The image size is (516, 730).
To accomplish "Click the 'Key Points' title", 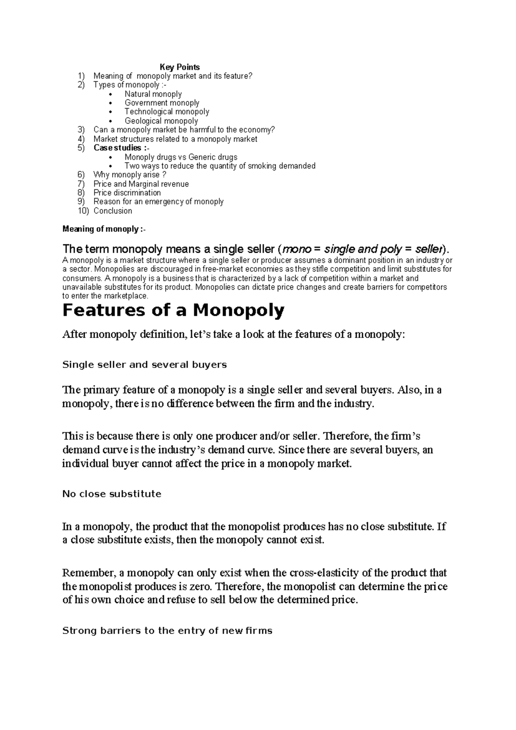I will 180,67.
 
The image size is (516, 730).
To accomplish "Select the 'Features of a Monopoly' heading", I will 173,310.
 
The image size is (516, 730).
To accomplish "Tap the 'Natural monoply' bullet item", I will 153,94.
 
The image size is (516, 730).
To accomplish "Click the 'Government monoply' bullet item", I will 162,103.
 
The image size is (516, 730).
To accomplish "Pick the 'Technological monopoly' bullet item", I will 167,112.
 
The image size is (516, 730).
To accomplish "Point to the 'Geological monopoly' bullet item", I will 161,121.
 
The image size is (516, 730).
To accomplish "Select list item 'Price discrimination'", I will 127,193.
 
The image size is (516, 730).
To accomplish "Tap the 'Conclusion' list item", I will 113,211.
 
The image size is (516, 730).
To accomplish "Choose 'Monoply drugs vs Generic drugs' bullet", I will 181,157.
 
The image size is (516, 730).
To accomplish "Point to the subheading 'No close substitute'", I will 112,494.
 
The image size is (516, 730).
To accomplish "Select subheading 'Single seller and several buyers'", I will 144,365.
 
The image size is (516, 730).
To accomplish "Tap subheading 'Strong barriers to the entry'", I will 167,631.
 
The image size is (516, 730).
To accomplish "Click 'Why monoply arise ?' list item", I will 129,175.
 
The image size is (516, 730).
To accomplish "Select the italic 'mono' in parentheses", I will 296,249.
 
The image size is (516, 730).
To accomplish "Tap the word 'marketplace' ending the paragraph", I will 128,296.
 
